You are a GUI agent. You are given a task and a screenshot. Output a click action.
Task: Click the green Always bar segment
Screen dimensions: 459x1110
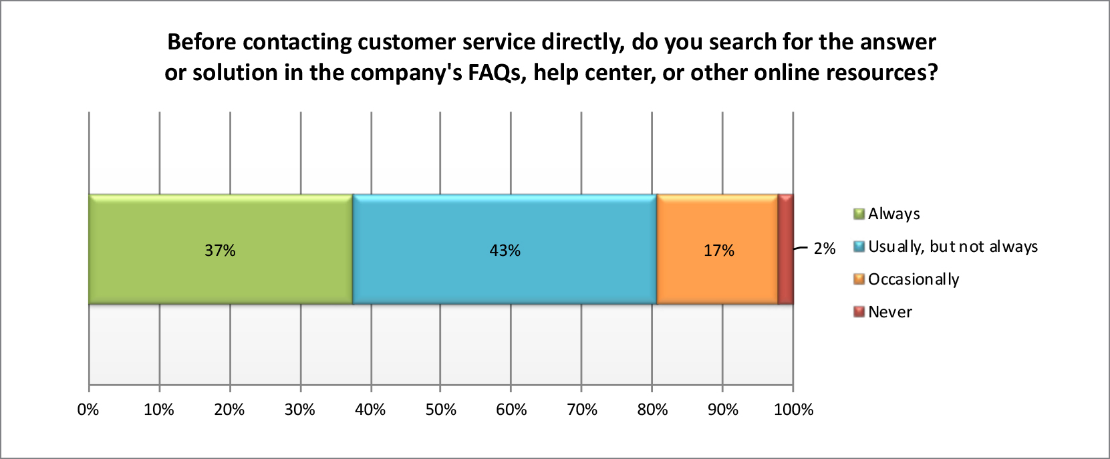[167, 274]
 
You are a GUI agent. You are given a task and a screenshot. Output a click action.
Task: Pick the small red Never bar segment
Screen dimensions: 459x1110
[786, 250]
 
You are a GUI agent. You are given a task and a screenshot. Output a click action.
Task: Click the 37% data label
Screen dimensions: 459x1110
[220, 251]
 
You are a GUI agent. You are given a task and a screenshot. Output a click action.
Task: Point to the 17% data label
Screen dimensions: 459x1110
[719, 251]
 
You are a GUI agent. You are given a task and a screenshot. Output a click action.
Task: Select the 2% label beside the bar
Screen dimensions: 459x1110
[825, 249]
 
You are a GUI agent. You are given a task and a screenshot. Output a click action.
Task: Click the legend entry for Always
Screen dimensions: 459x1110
[893, 214]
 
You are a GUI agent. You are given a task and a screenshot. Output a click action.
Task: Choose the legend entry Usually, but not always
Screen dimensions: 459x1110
[952, 247]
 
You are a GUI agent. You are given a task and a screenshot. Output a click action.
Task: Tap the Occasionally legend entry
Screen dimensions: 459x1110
[913, 279]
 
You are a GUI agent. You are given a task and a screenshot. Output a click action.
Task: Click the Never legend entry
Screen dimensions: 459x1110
[889, 312]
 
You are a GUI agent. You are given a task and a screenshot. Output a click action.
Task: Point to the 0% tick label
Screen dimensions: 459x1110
[88, 410]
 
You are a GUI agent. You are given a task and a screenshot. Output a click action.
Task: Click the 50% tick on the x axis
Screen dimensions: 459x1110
[441, 410]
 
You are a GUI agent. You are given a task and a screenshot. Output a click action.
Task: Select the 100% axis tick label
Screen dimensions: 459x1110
[793, 410]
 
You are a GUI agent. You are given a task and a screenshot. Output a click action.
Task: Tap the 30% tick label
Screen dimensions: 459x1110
[300, 410]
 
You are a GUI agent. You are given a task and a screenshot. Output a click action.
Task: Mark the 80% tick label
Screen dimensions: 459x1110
[652, 410]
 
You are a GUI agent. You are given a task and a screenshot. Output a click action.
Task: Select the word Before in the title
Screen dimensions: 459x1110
[202, 41]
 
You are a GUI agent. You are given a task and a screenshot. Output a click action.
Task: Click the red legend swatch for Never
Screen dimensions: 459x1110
[859, 312]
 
